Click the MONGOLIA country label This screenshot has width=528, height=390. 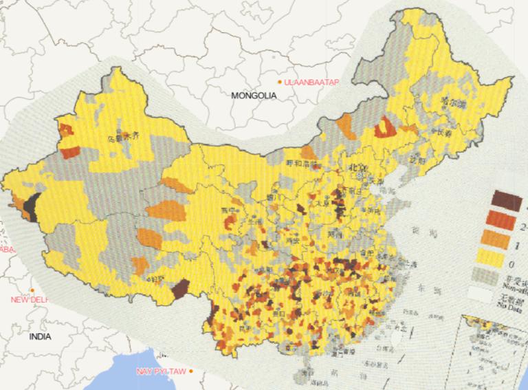pyautogui.click(x=254, y=96)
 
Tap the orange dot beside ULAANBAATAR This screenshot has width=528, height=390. pyautogui.click(x=279, y=83)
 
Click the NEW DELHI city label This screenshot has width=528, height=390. pyautogui.click(x=29, y=300)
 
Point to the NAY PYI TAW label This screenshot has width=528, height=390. pyautogui.click(x=161, y=371)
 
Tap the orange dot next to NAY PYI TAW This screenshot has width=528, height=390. pyautogui.click(x=191, y=371)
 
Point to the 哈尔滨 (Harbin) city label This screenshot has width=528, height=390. pyautogui.click(x=453, y=103)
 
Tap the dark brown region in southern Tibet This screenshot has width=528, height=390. pyautogui.click(x=180, y=288)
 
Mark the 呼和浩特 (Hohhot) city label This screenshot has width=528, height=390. pyautogui.click(x=300, y=164)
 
